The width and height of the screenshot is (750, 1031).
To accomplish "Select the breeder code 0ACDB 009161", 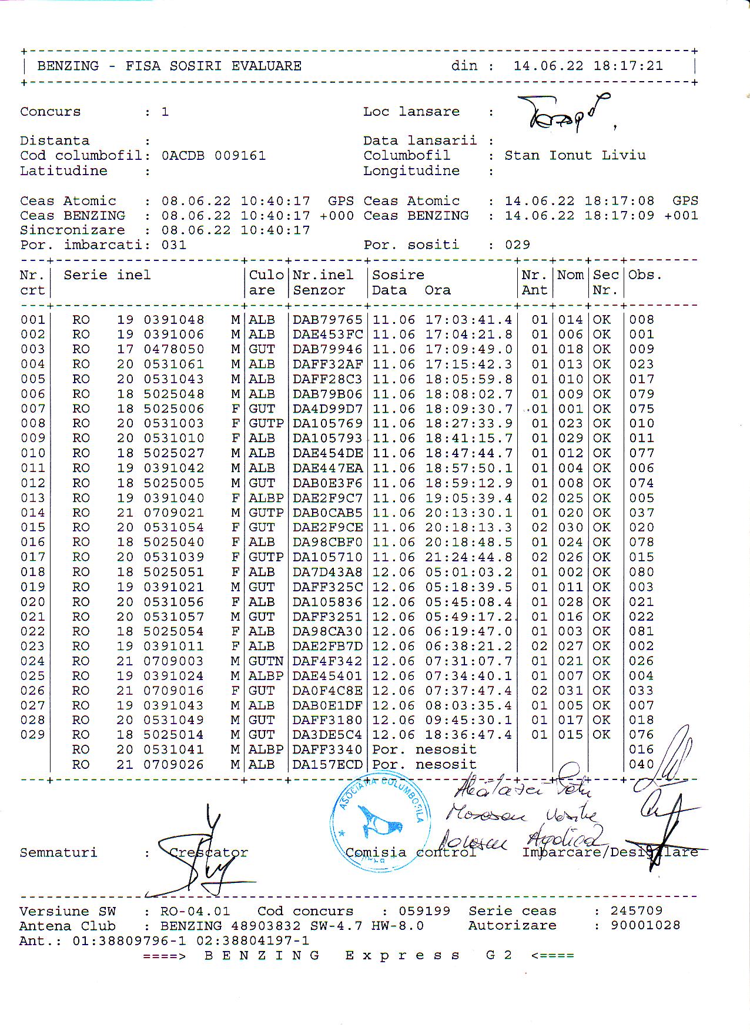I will click(x=213, y=156).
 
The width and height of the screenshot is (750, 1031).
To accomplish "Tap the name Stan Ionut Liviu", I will click(x=575, y=156).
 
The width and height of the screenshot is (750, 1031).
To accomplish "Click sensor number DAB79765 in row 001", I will click(x=327, y=320).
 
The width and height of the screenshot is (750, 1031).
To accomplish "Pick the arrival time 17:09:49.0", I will click(x=468, y=349).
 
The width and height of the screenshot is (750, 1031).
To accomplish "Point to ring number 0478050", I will click(x=174, y=349).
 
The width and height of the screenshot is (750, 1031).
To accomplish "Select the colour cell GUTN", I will click(x=266, y=661).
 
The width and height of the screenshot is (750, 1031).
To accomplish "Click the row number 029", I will click(x=32, y=735).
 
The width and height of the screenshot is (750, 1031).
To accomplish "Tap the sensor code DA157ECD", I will click(x=327, y=765).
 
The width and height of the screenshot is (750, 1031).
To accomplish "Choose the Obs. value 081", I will click(x=641, y=631).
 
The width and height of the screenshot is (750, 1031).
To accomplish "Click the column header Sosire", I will click(x=398, y=275).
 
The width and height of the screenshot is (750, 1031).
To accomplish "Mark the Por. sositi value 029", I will click(x=517, y=245).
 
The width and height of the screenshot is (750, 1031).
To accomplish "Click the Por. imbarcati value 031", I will click(x=174, y=245).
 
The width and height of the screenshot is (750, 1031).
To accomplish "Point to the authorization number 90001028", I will click(x=645, y=926).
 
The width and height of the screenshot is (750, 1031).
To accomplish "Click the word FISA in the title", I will click(x=143, y=66).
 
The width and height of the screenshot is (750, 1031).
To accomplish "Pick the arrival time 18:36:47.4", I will click(x=468, y=735).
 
